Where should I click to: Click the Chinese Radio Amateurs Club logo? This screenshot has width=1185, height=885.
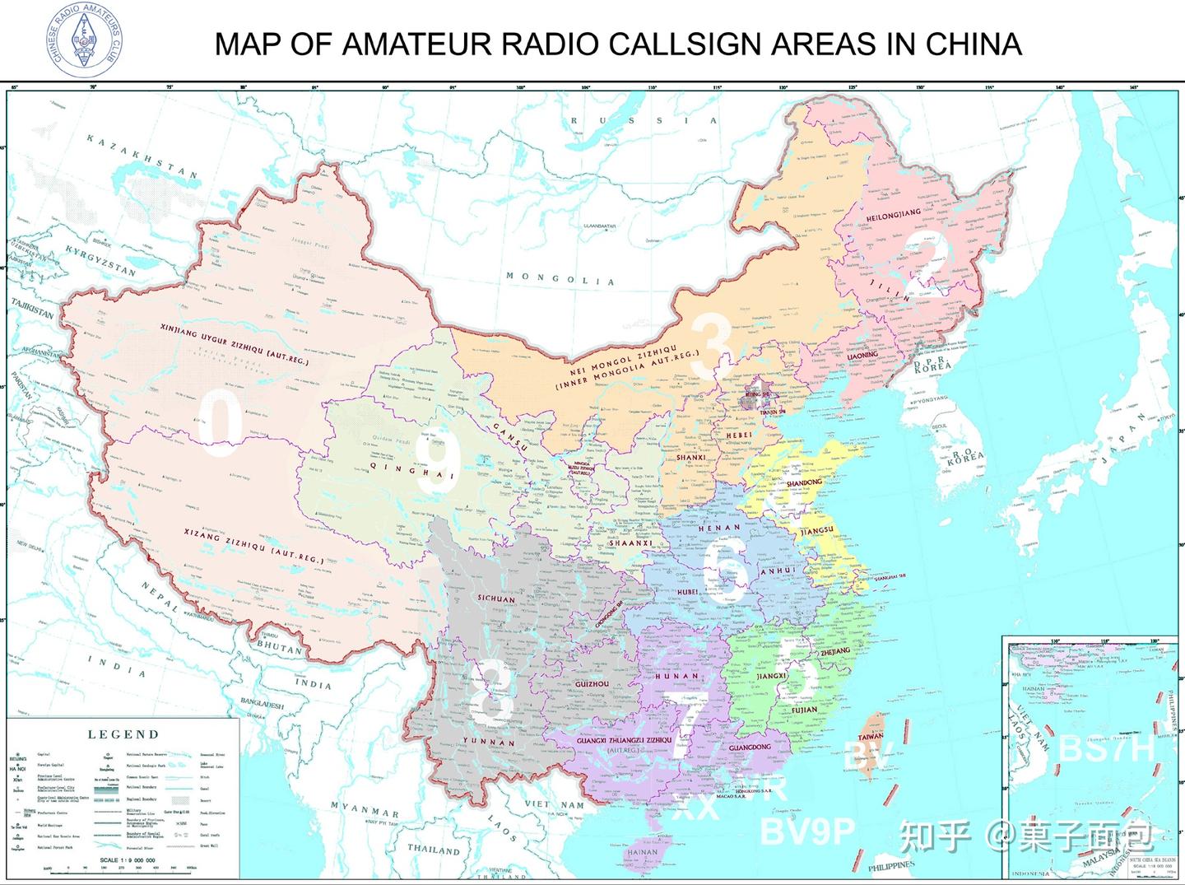point(85,40)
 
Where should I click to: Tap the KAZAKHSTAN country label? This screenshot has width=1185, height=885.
point(142,156)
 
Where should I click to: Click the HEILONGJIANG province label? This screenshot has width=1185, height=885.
point(894,215)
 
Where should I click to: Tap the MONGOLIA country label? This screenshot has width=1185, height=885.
point(560,279)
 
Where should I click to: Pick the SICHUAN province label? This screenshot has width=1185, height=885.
point(496,599)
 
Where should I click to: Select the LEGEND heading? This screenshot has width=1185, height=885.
point(123,734)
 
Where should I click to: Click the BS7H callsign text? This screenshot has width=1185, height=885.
point(1108,749)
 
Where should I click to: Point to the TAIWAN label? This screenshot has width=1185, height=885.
point(871,737)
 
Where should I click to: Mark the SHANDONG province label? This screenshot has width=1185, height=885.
point(804,482)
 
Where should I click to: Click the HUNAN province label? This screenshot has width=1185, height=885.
point(676,676)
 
